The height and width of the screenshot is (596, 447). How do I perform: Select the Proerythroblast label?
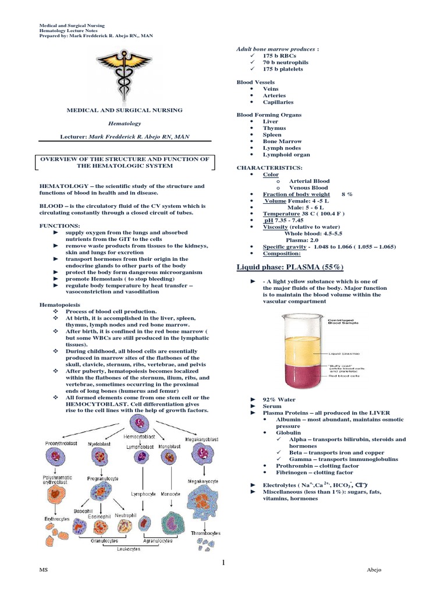tap(62, 444)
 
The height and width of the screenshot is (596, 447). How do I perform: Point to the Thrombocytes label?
tap(204, 533)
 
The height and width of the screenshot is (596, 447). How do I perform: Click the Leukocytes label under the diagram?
tap(129, 548)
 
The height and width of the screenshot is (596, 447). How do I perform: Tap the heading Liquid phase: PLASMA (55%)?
tap(290, 267)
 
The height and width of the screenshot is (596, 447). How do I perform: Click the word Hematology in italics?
tap(126, 123)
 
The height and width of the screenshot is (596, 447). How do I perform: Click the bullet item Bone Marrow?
tap(282, 141)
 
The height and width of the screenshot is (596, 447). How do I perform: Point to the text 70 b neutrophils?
tap(286, 62)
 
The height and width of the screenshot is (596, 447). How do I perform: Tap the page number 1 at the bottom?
tap(223, 563)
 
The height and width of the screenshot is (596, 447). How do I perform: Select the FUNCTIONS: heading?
tap(60, 225)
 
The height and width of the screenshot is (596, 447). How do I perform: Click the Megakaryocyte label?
tap(203, 481)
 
